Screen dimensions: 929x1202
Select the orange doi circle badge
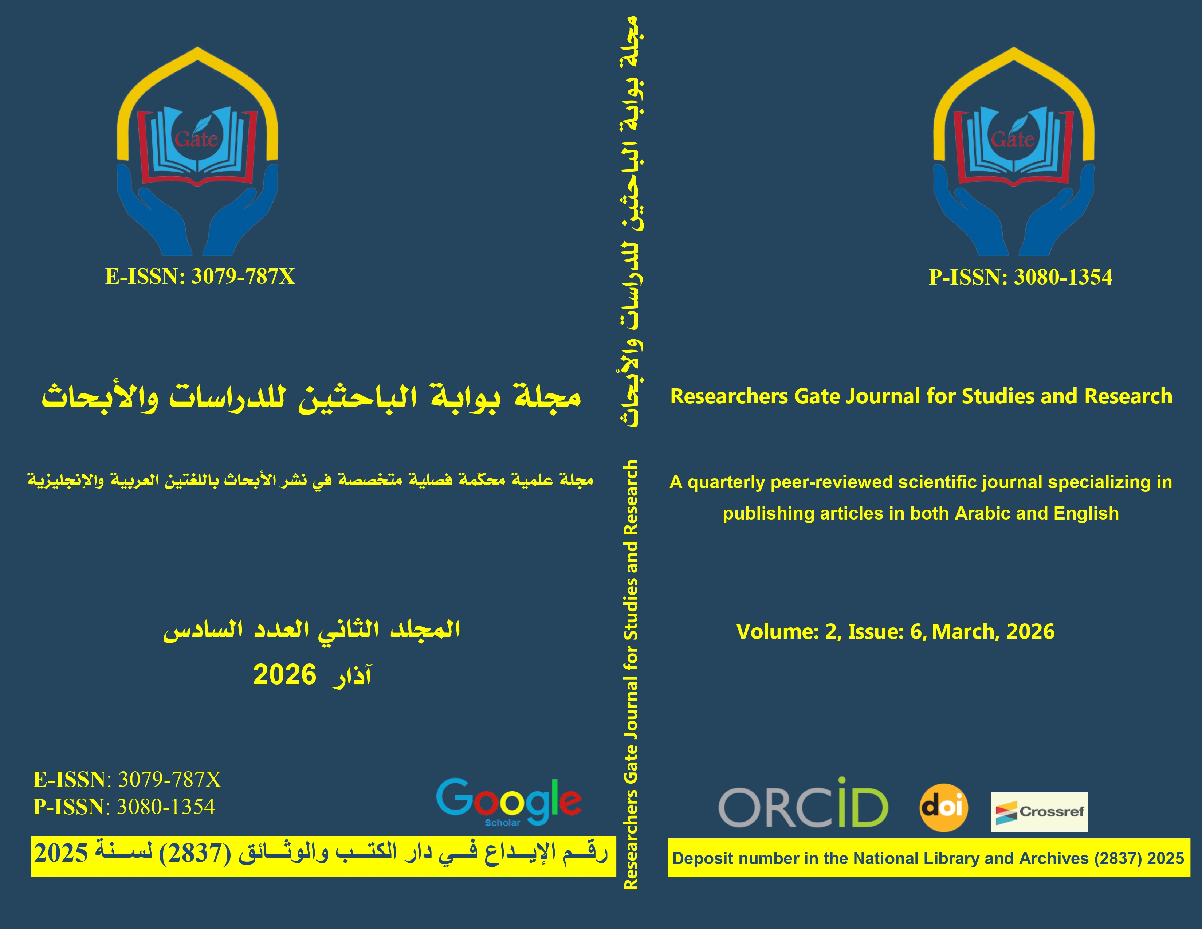point(944,807)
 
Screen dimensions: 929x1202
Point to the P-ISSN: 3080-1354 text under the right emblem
point(1020,277)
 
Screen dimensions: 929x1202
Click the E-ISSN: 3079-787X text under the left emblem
point(200,276)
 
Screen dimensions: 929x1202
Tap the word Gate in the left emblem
point(196,139)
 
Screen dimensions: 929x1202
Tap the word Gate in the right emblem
point(1013,139)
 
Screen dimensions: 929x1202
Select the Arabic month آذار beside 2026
point(350,676)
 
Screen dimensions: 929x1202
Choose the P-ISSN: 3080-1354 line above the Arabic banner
point(124,807)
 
